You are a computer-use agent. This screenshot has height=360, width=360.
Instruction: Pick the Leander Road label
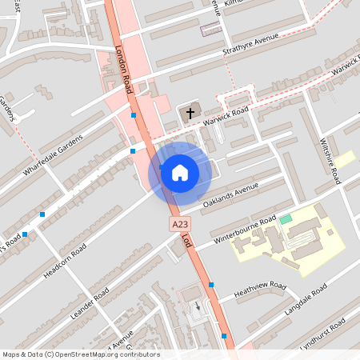click(89, 305)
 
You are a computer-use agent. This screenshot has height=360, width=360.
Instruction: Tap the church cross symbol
click(190, 114)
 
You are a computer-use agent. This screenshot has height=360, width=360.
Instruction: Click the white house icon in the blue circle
click(180, 172)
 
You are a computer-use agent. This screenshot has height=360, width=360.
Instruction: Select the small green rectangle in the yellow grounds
click(286, 218)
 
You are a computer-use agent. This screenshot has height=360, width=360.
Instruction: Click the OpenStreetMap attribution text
click(81, 354)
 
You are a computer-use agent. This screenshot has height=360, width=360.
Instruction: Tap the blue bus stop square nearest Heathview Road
click(211, 285)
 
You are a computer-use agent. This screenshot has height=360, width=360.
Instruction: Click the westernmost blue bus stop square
click(26, 234)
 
